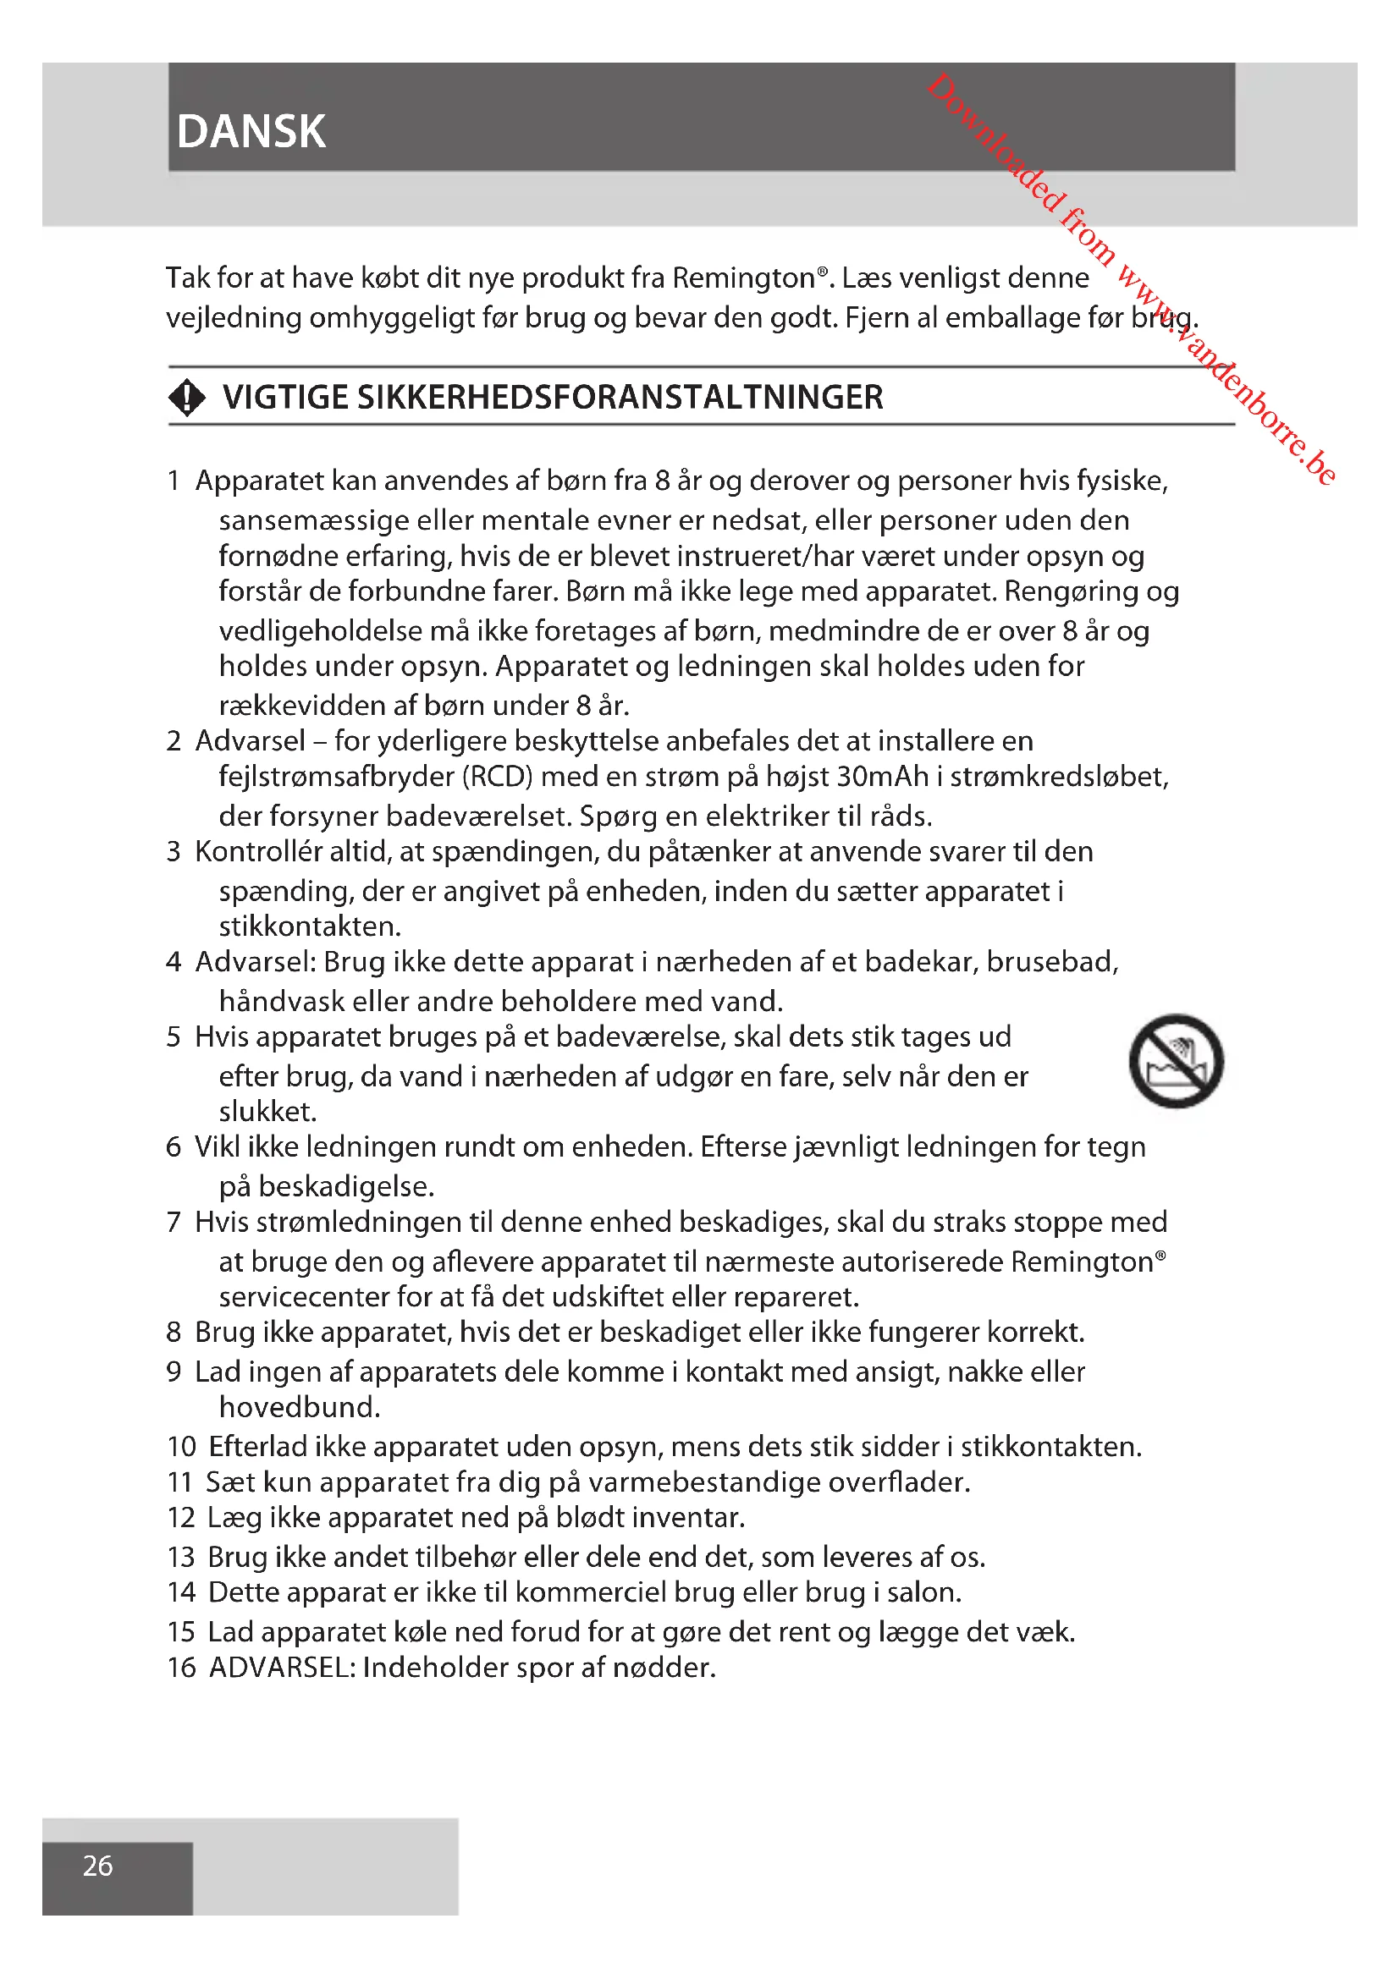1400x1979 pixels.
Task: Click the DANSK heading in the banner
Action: click(x=251, y=132)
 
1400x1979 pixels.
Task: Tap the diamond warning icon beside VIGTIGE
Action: click(x=187, y=399)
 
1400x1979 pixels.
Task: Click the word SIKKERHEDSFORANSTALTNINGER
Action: click(x=619, y=398)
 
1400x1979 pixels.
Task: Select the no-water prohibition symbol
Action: click(x=1176, y=1060)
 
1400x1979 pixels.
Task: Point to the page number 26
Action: click(x=97, y=1866)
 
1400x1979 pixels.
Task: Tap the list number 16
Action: click(x=181, y=1667)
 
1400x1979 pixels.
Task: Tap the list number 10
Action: click(x=181, y=1446)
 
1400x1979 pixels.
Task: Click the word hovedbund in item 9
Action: click(x=298, y=1408)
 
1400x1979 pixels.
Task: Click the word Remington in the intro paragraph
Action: click(x=743, y=278)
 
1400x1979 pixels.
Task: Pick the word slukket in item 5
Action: click(x=267, y=1111)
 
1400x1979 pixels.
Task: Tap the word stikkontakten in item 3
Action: click(x=310, y=926)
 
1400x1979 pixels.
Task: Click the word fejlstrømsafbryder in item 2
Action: click(x=336, y=777)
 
